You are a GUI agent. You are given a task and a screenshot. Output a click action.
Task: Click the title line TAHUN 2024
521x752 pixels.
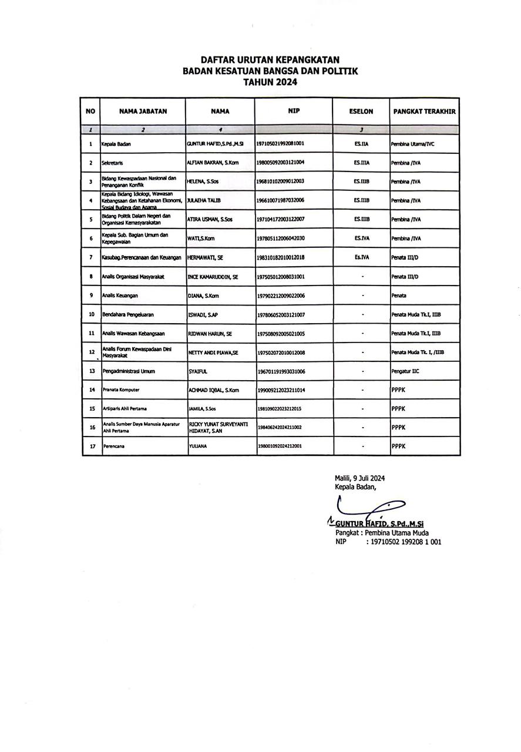point(270,83)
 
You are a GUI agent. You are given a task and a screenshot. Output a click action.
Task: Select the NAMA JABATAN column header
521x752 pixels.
point(143,111)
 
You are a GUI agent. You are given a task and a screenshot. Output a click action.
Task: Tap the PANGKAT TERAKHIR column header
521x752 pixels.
point(425,111)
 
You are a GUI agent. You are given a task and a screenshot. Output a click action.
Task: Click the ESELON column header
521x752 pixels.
point(361,111)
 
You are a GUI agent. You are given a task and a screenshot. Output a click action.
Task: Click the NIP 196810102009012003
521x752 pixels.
point(281,182)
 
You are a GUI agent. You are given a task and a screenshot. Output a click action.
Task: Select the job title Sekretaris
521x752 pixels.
point(112,162)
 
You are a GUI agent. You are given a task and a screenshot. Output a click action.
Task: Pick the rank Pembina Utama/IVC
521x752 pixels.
point(412,143)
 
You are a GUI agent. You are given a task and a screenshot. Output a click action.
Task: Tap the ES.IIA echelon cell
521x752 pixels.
point(361,143)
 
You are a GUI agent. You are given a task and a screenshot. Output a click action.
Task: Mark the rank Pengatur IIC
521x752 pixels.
point(405,371)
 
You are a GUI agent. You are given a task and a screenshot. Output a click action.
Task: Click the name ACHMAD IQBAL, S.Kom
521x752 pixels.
point(213,390)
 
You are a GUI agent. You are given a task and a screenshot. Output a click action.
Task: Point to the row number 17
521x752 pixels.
point(91,446)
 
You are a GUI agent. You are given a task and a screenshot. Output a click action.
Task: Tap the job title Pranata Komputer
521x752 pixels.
point(121,390)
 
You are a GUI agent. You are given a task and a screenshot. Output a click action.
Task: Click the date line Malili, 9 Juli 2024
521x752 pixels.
point(359,478)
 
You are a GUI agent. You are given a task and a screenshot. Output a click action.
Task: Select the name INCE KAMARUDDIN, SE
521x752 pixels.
point(212,276)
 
